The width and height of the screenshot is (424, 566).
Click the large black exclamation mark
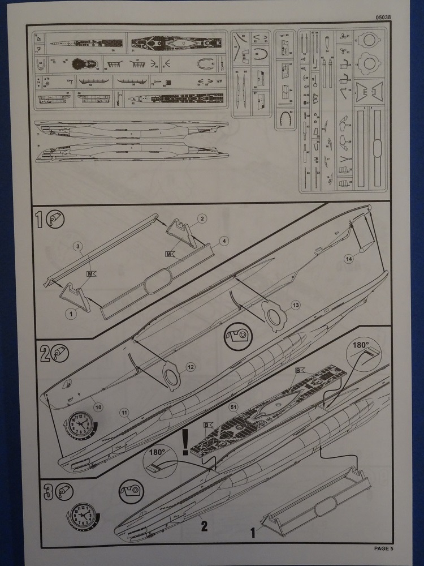(185, 442)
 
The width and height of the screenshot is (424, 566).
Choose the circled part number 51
(232, 406)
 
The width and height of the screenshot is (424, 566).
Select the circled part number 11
(124, 413)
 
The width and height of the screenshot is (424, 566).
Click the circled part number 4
(224, 241)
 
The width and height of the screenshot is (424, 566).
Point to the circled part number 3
(79, 247)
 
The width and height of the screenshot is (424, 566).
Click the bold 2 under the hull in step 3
(204, 526)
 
